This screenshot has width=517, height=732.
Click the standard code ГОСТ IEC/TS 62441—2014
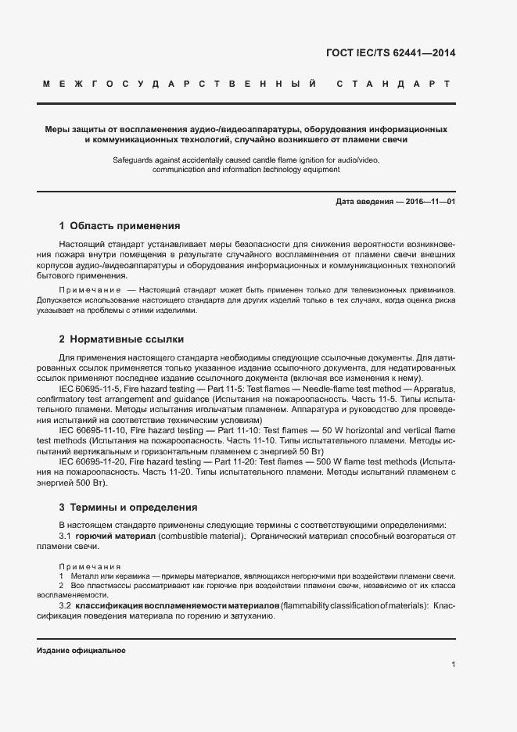390,54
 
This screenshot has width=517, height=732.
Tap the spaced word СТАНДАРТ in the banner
393,84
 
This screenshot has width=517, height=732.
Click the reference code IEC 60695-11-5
92,388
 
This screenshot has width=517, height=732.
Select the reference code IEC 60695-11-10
95,430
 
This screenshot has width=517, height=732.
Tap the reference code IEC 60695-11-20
95,462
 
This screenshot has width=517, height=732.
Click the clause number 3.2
66,606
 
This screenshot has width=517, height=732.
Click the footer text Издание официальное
81,651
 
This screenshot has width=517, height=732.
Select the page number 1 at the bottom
454,665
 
